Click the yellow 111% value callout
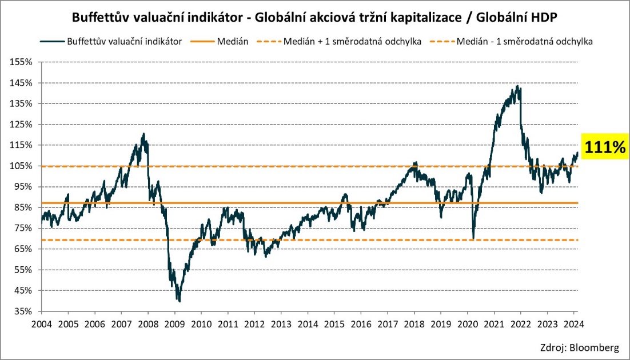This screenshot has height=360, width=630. click(x=604, y=147)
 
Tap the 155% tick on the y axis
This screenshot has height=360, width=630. click(x=22, y=62)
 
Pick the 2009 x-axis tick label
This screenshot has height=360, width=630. click(x=174, y=324)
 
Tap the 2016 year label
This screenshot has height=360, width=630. click(x=361, y=324)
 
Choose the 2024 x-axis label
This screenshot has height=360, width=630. click(x=573, y=324)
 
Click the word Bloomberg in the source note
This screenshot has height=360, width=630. click(x=595, y=347)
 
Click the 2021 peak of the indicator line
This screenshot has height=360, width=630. click(x=517, y=86)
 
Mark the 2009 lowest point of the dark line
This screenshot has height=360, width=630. click(x=180, y=301)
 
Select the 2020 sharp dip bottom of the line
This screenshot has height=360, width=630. click(x=473, y=238)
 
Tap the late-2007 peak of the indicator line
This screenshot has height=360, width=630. click(x=143, y=134)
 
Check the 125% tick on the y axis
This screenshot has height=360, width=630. click(x=22, y=124)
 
